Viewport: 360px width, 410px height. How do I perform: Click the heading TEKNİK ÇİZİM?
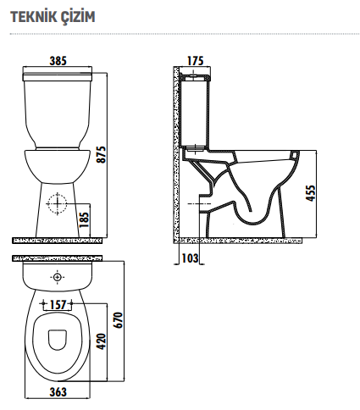[x=47, y=16]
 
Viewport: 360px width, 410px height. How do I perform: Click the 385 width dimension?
[x=58, y=61]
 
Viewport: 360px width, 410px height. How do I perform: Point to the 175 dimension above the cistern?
[x=196, y=61]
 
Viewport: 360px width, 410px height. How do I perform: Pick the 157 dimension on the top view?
[x=57, y=304]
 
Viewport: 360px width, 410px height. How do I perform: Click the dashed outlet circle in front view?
[x=57, y=204]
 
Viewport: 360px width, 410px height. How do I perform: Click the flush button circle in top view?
[x=57, y=277]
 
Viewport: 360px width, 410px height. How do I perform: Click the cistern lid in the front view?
[x=58, y=76]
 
